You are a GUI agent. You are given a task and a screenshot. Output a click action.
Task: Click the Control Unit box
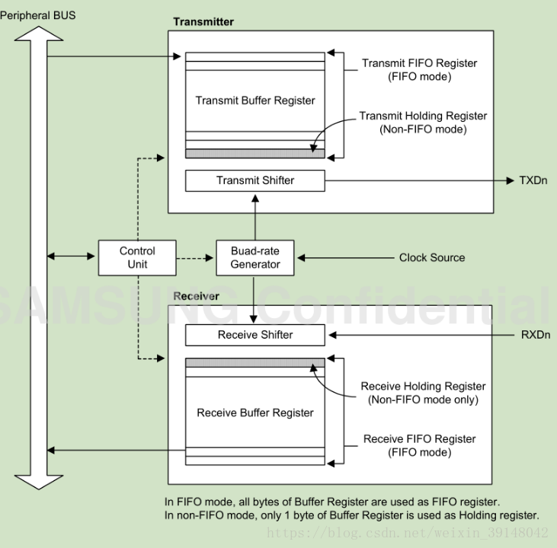(137, 258)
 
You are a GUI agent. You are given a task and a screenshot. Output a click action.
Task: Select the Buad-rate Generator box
(255, 258)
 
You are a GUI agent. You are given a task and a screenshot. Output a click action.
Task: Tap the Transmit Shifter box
(255, 180)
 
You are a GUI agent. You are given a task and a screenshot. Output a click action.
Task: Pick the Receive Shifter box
(255, 334)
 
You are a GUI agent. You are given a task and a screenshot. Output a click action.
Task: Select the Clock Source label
(431, 258)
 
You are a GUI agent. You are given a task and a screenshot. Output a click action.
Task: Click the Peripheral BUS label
(38, 15)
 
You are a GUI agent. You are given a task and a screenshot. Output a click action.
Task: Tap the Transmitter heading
(203, 21)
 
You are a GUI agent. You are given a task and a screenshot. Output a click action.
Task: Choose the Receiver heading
(197, 295)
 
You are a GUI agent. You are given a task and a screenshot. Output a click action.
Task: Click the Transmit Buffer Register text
(255, 100)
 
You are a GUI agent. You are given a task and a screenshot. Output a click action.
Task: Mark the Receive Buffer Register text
(255, 413)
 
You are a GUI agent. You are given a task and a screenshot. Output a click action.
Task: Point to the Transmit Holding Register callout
(422, 123)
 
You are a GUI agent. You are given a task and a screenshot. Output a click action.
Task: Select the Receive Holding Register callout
(423, 393)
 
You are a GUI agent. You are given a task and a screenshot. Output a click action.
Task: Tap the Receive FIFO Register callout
(419, 445)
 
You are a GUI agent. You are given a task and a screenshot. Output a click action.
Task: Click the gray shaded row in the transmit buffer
(255, 154)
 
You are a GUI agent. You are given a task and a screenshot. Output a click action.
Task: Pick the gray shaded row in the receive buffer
(255, 362)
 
